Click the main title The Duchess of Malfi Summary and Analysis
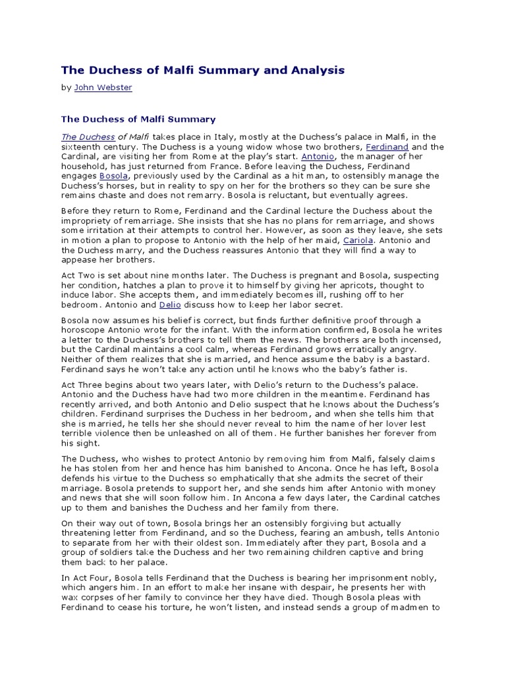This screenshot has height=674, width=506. point(203,70)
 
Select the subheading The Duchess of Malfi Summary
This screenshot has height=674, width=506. point(138,119)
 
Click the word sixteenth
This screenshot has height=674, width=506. point(82,147)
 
